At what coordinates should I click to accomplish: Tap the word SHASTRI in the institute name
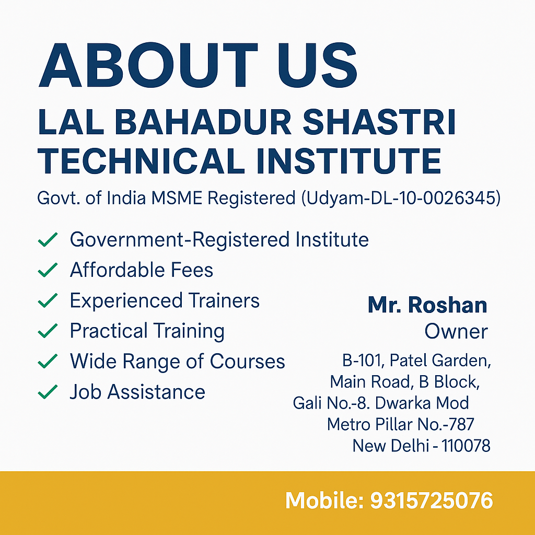point(379,122)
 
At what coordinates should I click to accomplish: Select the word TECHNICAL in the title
point(141,161)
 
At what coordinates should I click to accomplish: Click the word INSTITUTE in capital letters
point(348,161)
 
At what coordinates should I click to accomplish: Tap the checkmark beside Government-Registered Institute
point(48,239)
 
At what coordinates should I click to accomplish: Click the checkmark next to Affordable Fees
point(48,270)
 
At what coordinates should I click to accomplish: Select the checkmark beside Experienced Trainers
point(48,300)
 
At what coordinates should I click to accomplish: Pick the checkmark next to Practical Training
point(48,331)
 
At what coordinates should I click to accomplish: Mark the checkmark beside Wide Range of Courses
point(48,361)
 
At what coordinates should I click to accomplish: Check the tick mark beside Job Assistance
point(48,392)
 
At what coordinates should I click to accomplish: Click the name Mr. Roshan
point(427,305)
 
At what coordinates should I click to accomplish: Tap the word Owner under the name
point(456,331)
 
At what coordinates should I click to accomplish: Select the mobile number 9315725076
point(432,501)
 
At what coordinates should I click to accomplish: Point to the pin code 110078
point(466,446)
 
